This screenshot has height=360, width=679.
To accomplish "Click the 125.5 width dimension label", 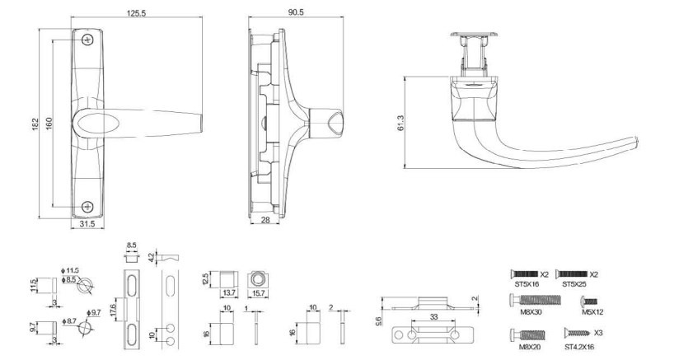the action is pyautogui.click(x=137, y=13).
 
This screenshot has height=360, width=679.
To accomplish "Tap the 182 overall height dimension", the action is pyautogui.click(x=35, y=124).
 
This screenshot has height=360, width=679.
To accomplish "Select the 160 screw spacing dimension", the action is pyautogui.click(x=49, y=124).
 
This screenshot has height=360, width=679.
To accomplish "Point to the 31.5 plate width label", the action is pyautogui.click(x=88, y=223).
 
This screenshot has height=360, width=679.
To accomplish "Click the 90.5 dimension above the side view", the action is pyautogui.click(x=296, y=12).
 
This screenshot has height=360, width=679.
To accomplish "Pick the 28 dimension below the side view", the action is pyautogui.click(x=265, y=220).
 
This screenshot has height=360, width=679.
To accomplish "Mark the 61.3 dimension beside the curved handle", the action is pyautogui.click(x=400, y=123).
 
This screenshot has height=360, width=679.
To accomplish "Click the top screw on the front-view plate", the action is pyautogui.click(x=88, y=40).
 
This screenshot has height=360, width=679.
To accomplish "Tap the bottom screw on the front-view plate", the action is pyautogui.click(x=88, y=207).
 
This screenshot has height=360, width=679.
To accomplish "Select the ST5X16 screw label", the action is pyautogui.click(x=523, y=284).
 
